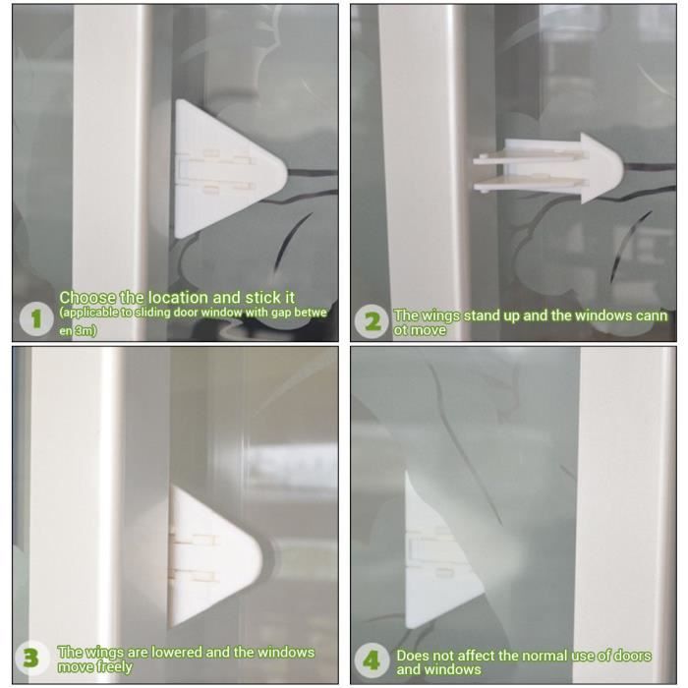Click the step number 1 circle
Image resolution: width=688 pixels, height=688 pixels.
[36, 319]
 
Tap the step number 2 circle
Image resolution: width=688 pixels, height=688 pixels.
[373, 321]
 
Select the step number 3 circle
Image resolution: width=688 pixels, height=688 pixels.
[31, 659]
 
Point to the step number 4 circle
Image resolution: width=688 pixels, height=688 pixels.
[372, 659]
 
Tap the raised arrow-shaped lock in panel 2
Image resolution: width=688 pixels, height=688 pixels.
[548, 169]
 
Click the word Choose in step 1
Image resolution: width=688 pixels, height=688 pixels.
[87, 298]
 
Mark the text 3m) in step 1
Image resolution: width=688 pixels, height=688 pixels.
[86, 330]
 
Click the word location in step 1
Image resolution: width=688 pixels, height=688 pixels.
[178, 298]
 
